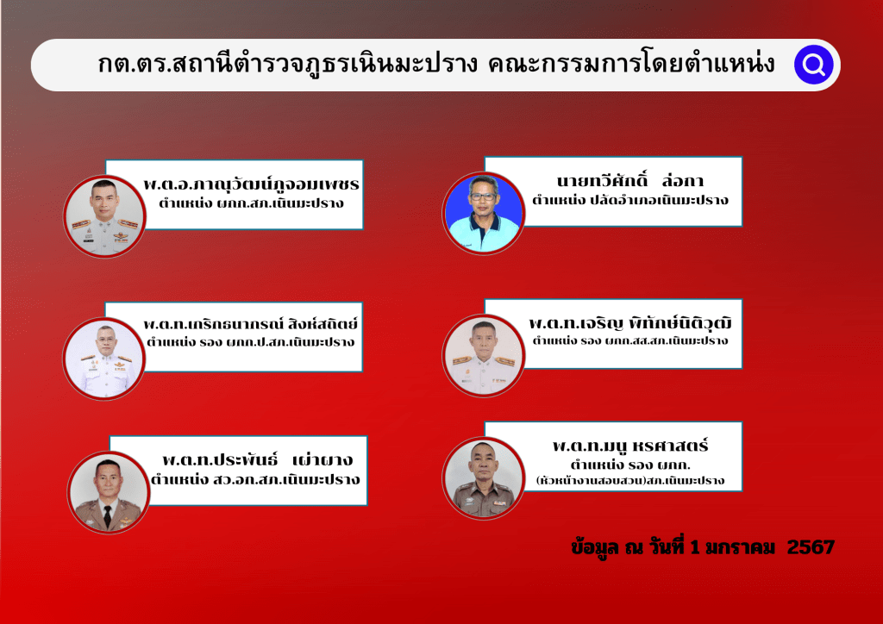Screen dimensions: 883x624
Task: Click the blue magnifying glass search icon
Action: tap(813, 65)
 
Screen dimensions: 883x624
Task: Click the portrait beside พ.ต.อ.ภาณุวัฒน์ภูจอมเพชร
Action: tap(104, 216)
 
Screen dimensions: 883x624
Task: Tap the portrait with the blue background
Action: tap(483, 213)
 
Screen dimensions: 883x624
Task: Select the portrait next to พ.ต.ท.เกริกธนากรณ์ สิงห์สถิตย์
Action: tap(104, 359)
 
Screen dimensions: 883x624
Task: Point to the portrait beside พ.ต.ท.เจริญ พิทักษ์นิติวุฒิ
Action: tap(483, 355)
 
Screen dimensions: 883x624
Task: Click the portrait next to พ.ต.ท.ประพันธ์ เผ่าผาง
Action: tap(108, 492)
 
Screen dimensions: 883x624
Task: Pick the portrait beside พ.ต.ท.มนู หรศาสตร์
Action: tap(483, 477)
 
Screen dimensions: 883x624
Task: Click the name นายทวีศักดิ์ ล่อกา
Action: tap(630, 180)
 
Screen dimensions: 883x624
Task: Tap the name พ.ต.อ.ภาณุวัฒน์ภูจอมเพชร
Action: tap(251, 184)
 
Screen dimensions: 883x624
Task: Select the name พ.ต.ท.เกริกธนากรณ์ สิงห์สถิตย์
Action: tap(251, 323)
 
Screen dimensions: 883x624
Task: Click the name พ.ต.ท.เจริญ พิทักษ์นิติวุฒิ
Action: tap(630, 323)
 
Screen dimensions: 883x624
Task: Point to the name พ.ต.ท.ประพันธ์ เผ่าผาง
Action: tap(257, 459)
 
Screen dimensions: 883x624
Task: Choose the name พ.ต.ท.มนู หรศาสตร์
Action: tap(630, 446)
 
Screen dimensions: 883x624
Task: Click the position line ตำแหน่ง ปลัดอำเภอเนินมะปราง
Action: tap(630, 200)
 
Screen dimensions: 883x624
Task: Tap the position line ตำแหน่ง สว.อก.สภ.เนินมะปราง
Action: tap(255, 479)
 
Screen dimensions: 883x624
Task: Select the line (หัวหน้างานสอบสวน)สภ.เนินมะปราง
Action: tap(630, 481)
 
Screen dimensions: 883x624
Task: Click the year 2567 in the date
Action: tap(811, 547)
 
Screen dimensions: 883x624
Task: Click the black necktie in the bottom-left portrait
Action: tap(108, 516)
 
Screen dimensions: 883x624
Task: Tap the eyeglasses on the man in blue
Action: tap(483, 197)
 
